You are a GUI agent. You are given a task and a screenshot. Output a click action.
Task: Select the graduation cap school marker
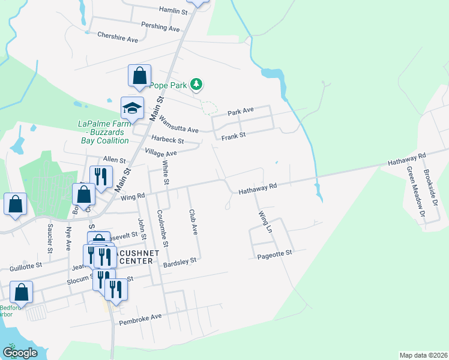[132, 107]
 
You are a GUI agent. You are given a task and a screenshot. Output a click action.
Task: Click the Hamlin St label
[173, 10]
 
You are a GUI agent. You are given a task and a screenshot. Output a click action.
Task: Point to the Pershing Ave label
[160, 28]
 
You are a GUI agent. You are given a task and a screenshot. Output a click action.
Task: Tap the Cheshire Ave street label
[118, 37]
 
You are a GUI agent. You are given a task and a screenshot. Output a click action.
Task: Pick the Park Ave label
[241, 111]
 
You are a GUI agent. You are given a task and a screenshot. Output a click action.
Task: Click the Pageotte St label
[274, 254]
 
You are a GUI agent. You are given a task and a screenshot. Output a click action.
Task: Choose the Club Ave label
[193, 222]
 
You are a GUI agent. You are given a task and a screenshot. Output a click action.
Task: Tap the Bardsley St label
[181, 261]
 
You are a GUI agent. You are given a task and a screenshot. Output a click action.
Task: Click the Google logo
[20, 352]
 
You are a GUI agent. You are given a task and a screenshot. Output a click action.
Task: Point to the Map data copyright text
[423, 355]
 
